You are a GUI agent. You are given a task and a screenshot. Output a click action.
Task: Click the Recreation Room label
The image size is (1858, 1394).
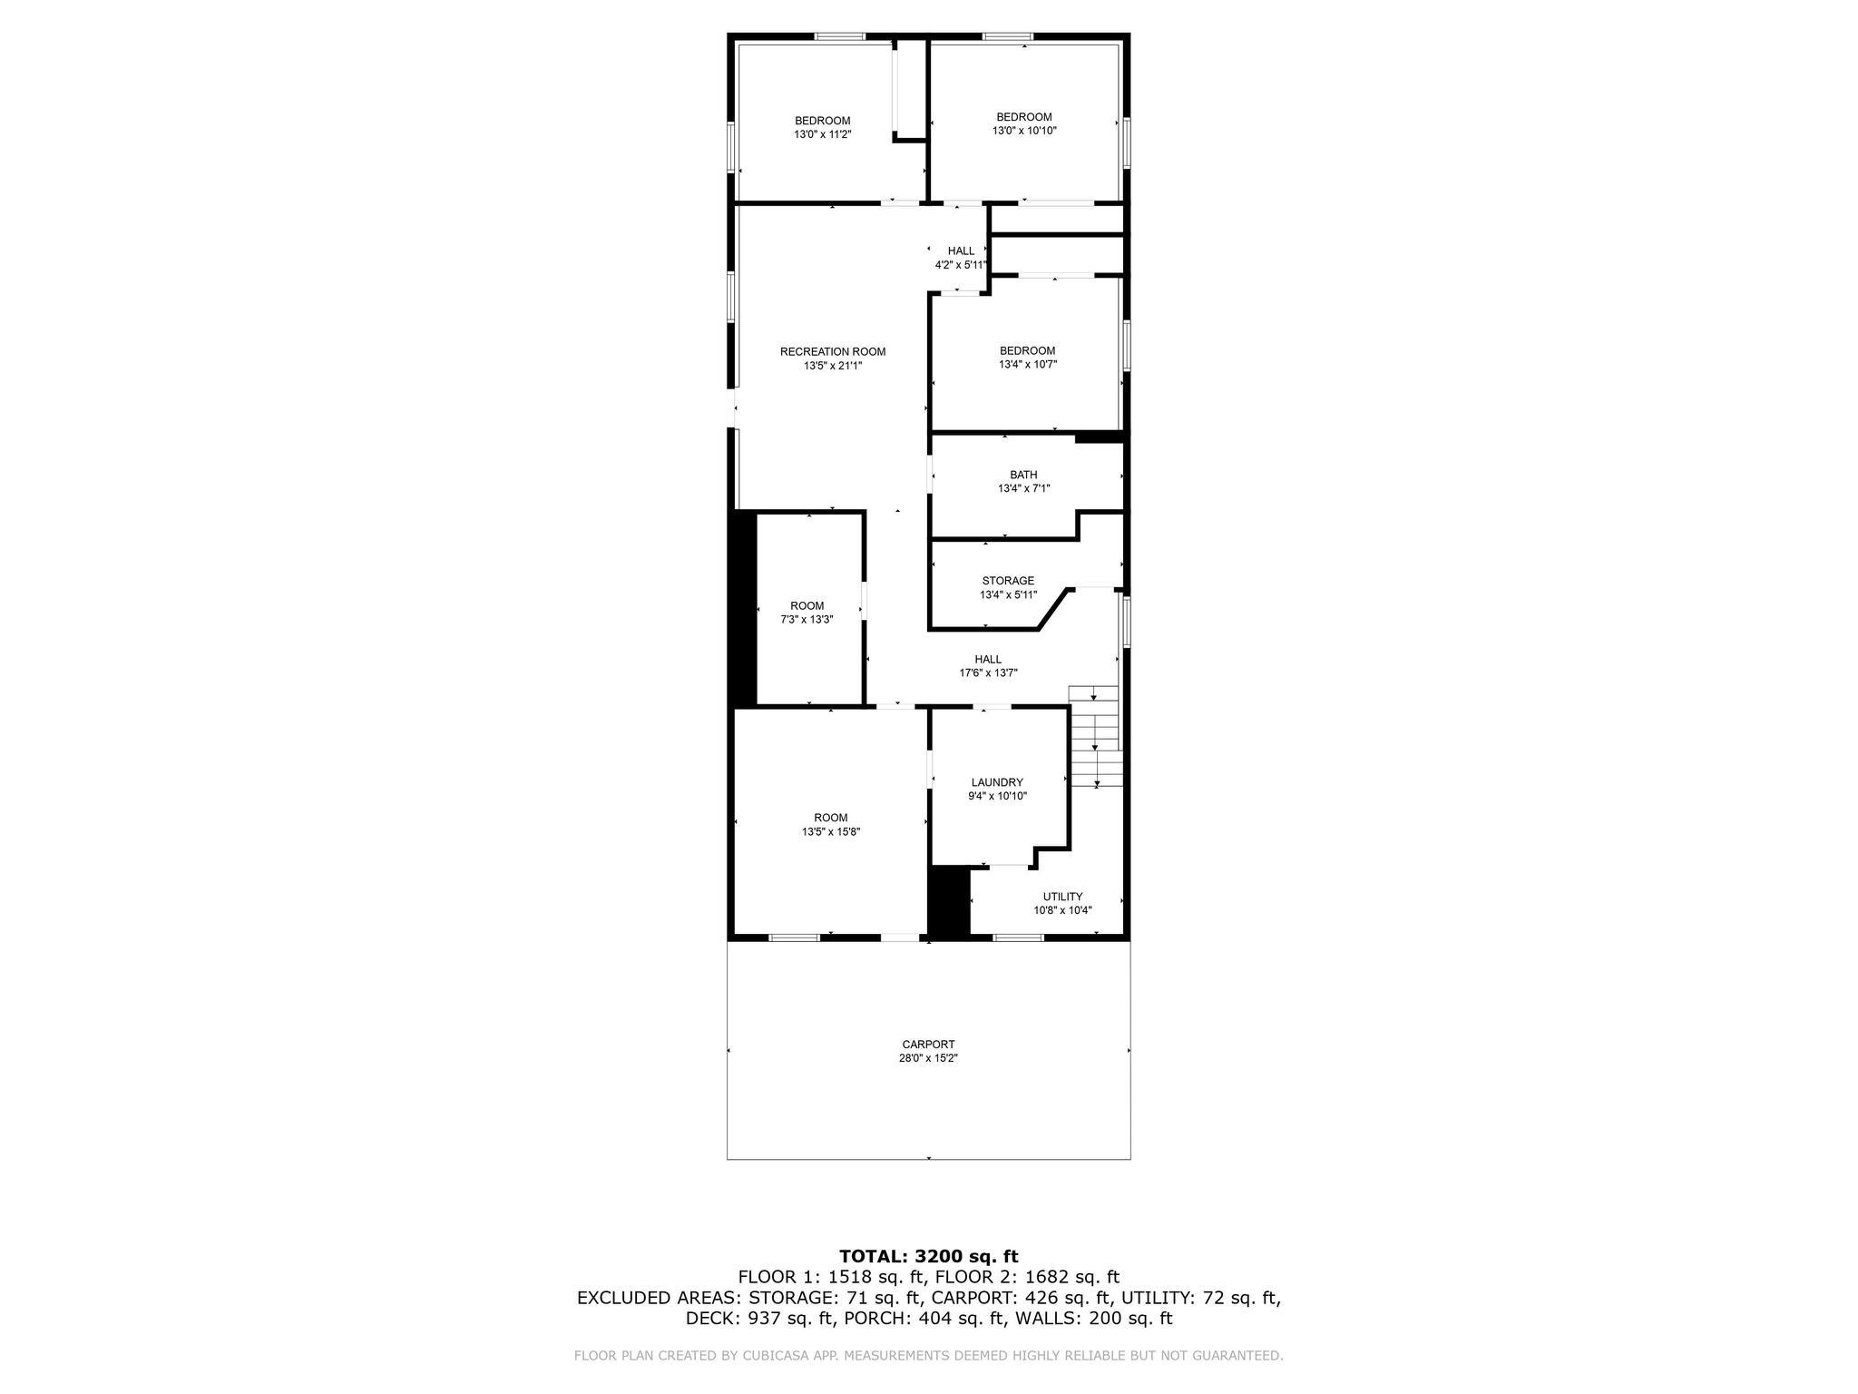pyautogui.click(x=832, y=352)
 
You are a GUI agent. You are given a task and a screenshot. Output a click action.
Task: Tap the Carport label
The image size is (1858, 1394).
pyautogui.click(x=928, y=1045)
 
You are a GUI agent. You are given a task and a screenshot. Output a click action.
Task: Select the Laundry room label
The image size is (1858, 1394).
pyautogui.click(x=997, y=782)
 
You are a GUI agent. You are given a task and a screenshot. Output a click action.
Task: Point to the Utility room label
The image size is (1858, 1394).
pyautogui.click(x=1062, y=897)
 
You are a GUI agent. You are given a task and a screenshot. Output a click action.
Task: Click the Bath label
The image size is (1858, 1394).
pyautogui.click(x=1023, y=475)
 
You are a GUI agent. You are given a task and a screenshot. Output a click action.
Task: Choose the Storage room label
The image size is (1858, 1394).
pyautogui.click(x=1008, y=581)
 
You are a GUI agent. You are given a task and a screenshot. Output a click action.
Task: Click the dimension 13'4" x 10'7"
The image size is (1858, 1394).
pyautogui.click(x=1028, y=365)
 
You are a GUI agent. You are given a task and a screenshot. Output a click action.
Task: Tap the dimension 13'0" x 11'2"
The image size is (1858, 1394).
pyautogui.click(x=822, y=134)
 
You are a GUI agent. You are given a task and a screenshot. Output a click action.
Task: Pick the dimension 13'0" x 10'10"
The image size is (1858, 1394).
pyautogui.click(x=1024, y=131)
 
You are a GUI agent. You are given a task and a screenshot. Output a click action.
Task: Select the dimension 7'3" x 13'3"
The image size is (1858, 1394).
pyautogui.click(x=807, y=620)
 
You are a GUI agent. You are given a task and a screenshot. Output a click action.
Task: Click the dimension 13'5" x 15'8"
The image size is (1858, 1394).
pyautogui.click(x=830, y=831)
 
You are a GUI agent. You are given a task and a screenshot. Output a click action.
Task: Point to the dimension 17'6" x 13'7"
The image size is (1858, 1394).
pyautogui.click(x=988, y=673)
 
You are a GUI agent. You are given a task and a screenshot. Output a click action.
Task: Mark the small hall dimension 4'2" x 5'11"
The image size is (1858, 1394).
pyautogui.click(x=961, y=265)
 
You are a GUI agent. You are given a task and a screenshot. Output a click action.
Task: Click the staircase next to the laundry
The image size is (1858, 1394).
pyautogui.click(x=1095, y=737)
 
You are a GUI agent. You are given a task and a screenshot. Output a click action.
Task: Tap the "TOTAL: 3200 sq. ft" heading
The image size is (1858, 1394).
pyautogui.click(x=928, y=1257)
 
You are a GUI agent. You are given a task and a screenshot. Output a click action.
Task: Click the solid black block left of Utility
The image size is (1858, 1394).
pyautogui.click(x=949, y=900)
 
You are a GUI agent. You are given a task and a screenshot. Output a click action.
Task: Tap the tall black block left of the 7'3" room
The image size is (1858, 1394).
pyautogui.click(x=743, y=608)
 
